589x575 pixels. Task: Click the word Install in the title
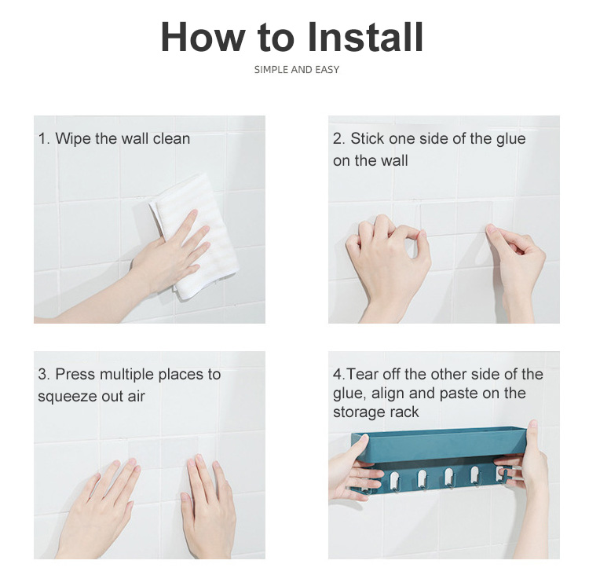pyautogui.click(x=365, y=37)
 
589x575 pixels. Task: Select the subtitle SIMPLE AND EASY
pyautogui.click(x=297, y=70)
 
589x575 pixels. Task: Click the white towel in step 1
pyautogui.click(x=194, y=235)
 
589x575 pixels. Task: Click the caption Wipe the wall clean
pyautogui.click(x=123, y=139)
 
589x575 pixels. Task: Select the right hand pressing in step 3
pyautogui.click(x=207, y=507)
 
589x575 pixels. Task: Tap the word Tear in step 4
pyautogui.click(x=360, y=375)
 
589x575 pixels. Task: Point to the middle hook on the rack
pyautogui.click(x=448, y=479)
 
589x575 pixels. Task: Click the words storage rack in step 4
pyautogui.click(x=375, y=412)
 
